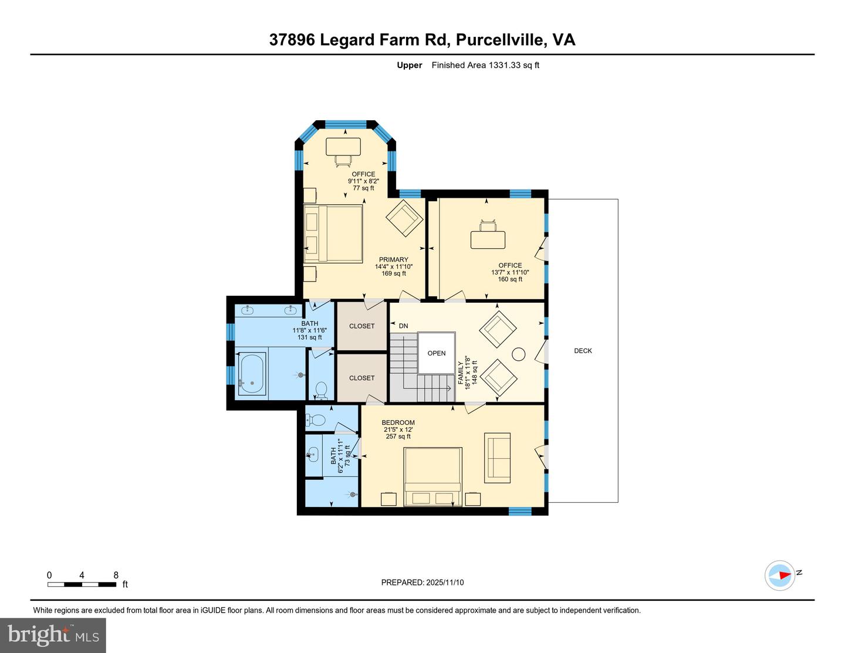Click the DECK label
tap(583, 351)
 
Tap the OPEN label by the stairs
tap(437, 353)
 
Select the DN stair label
tap(403, 326)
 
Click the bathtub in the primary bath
tap(252, 376)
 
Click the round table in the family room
tap(518, 354)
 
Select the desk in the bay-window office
tap(343, 147)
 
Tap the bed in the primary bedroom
tap(333, 234)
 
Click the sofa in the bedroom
tap(497, 455)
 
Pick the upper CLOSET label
tap(361, 326)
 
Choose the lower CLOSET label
tap(361, 378)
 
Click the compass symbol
tap(780, 576)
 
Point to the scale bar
tap(82, 584)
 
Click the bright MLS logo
tap(53, 635)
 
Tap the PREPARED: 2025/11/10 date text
tap(422, 583)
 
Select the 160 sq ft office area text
tap(510, 279)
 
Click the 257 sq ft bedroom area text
tap(398, 437)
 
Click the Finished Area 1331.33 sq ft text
tap(485, 65)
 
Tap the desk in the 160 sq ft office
tap(488, 239)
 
